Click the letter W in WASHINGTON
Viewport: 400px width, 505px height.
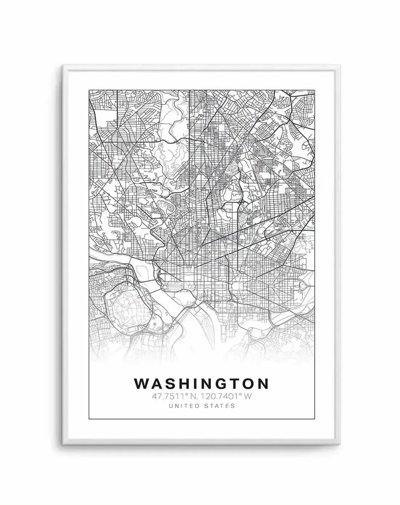pyautogui.click(x=141, y=384)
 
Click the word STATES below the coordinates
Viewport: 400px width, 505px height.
pyautogui.click(x=221, y=406)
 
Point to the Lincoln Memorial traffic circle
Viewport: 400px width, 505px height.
pyautogui.click(x=166, y=288)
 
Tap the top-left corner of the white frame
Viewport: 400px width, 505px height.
pyautogui.click(x=63, y=66)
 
